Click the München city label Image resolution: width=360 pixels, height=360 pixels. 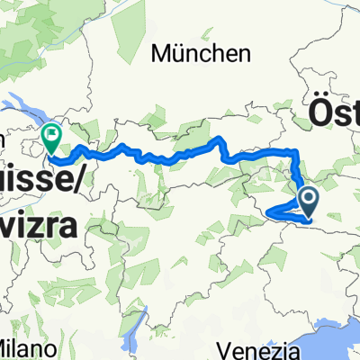tap(201, 55)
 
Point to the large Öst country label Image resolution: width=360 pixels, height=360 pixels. tap(334, 113)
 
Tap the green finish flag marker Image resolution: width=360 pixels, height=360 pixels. tap(51, 139)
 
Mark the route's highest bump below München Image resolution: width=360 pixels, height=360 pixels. tap(219, 139)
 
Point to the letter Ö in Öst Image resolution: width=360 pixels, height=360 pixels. tap(319, 113)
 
